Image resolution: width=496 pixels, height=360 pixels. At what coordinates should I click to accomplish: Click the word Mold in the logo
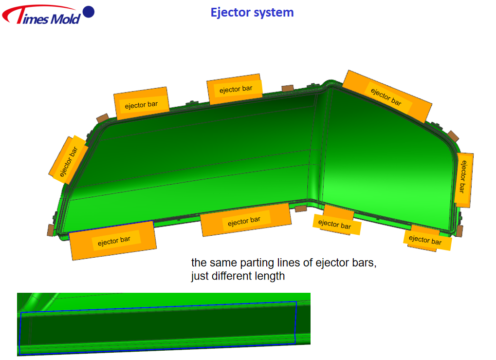(66, 19)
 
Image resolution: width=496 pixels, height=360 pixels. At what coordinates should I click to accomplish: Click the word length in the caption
(270, 276)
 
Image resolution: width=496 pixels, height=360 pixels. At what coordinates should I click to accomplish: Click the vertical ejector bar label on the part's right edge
(463, 180)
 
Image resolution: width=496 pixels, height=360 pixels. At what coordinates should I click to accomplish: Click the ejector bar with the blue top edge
(113, 241)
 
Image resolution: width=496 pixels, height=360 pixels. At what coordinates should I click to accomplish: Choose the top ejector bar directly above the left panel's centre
(141, 103)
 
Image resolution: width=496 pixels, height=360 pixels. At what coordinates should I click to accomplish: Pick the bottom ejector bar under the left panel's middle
(246, 220)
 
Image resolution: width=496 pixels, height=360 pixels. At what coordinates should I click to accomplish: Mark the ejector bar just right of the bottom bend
(336, 220)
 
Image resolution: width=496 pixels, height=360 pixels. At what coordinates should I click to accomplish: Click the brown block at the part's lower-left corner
(51, 230)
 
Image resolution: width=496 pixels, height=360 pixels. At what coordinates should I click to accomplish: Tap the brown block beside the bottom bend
(300, 208)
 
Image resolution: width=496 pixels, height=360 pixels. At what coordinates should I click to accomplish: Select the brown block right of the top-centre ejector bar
(288, 88)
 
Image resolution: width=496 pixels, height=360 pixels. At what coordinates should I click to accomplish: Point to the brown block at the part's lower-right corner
(459, 231)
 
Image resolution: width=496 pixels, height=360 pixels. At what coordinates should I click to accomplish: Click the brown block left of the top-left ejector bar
(103, 118)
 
